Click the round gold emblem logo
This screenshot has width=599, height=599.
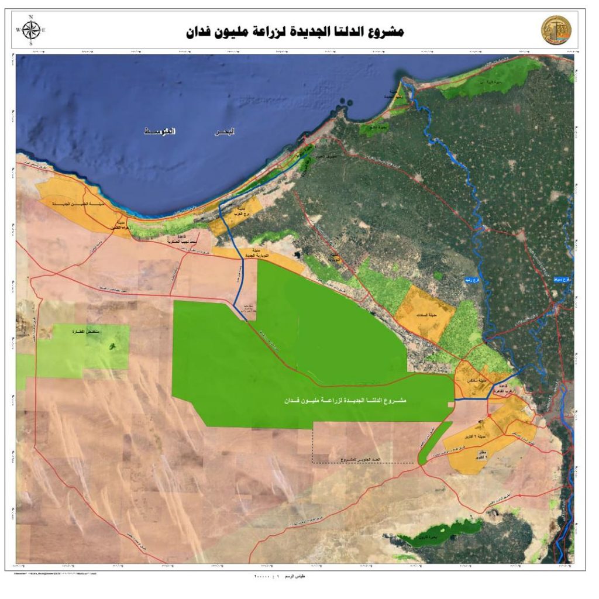(556, 30)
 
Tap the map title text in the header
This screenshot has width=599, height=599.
(294, 31)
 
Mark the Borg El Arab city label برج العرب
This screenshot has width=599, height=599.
(241, 211)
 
